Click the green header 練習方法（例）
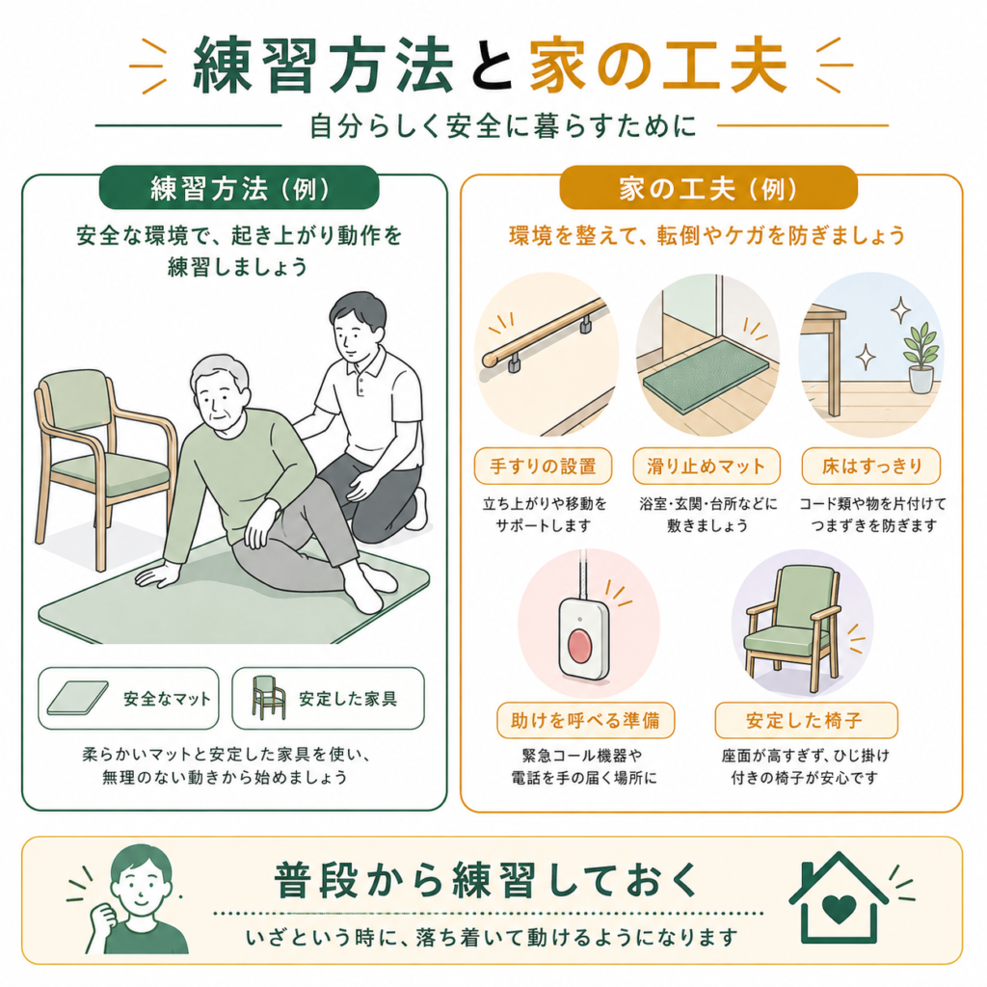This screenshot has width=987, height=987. [x=239, y=188]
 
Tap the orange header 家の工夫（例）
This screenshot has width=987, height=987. [x=708, y=188]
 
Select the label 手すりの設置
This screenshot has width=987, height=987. [x=543, y=466]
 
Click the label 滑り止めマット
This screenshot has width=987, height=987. [x=707, y=466]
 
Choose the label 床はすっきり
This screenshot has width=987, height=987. [x=871, y=466]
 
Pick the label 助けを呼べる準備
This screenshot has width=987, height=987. [x=585, y=720]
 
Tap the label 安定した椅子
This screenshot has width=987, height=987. [x=806, y=720]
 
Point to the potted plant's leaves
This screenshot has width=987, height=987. [x=920, y=344]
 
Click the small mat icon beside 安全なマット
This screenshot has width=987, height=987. [x=77, y=698]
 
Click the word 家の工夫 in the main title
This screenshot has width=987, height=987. [x=657, y=65]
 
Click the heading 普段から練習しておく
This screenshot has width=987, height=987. [x=487, y=879]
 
